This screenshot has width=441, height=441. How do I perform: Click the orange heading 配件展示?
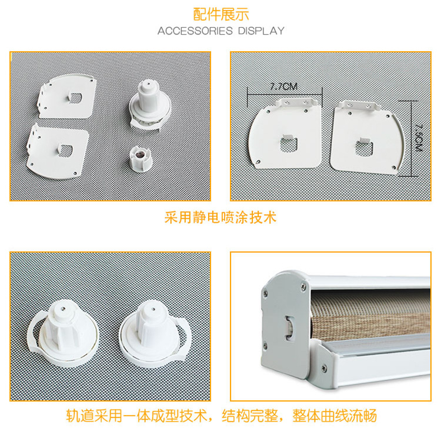tap(220, 13)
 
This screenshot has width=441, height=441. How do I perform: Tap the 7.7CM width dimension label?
tap(284, 86)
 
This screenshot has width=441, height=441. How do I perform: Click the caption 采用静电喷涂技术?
tap(220, 218)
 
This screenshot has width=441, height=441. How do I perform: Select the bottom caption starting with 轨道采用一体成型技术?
tap(220, 416)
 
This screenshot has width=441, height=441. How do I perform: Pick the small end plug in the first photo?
tap(141, 158)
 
